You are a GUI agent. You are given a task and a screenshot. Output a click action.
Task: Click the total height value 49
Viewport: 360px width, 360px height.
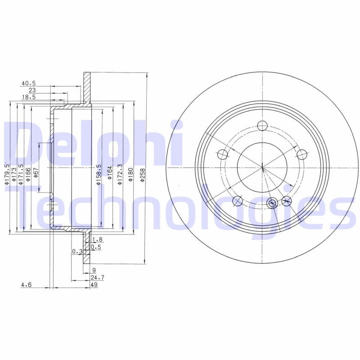[94, 285]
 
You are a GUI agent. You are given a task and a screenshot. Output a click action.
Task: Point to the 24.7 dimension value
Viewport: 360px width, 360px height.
[97, 278]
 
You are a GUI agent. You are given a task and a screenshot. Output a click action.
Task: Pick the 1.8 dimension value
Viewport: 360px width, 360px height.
[97, 240]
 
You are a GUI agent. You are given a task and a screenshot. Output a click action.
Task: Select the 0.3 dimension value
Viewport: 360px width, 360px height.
[77, 252]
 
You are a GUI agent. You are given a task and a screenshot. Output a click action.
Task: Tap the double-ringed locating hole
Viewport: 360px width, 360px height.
[272, 203]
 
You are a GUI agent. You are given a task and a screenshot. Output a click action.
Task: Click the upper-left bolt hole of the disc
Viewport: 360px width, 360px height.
[222, 155]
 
